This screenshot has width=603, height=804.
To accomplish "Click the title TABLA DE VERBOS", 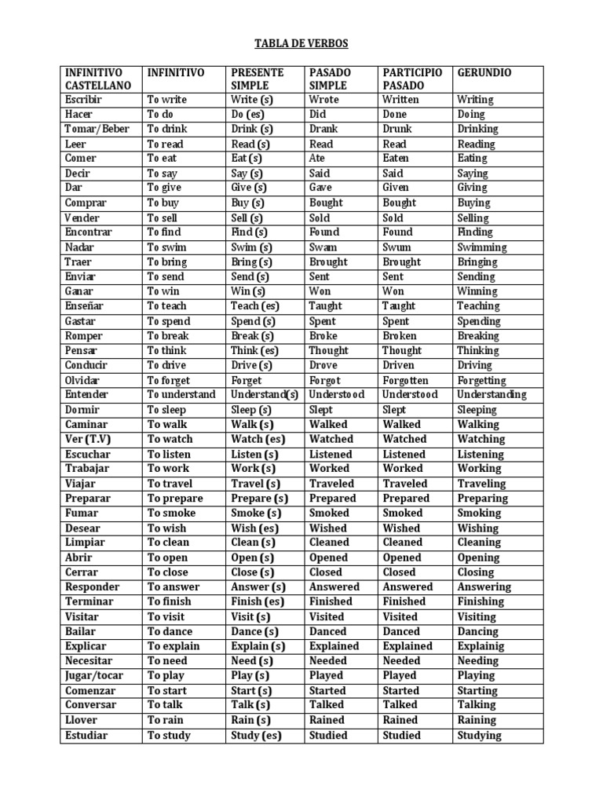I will coord(301,43).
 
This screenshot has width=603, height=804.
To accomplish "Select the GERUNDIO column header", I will coord(484,73).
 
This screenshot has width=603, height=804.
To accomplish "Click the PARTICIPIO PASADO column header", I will coord(412,79).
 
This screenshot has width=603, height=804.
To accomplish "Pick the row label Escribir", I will coord(84,100).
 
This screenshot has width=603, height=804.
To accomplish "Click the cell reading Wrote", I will coord(324,100).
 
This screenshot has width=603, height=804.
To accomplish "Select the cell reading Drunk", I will coord(398,129).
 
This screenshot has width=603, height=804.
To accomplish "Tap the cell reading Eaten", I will coord(396,159).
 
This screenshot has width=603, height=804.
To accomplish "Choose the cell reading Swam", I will coord(323,247).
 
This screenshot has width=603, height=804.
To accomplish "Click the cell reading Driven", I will coord(399,365).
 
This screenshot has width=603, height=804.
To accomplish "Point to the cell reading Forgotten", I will coord(406,380).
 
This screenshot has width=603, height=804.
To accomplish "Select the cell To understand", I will coord(181,395).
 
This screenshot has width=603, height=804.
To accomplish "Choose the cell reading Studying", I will coord(479,736).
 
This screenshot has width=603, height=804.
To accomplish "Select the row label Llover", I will coord(82,720).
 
